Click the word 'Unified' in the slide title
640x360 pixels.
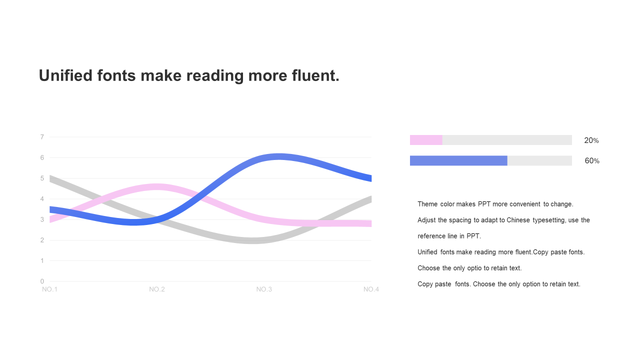pos(65,75)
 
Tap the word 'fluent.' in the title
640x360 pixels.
pos(315,75)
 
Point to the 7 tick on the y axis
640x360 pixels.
pos(42,137)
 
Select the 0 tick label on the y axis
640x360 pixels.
pos(42,281)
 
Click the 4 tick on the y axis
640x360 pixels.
pos(42,199)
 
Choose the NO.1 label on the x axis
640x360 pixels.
pos(49,289)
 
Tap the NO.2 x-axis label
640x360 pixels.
pos(157,289)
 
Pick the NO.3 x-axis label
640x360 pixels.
pos(264,289)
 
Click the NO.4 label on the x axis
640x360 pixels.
pos(371,289)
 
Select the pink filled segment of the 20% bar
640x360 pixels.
pos(426,140)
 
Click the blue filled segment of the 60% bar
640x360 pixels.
pos(458,160)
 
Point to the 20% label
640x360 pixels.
pos(591,140)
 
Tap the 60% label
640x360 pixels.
pos(592,161)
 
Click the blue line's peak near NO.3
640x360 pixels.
pos(278,156)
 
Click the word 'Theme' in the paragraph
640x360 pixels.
pos(427,204)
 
